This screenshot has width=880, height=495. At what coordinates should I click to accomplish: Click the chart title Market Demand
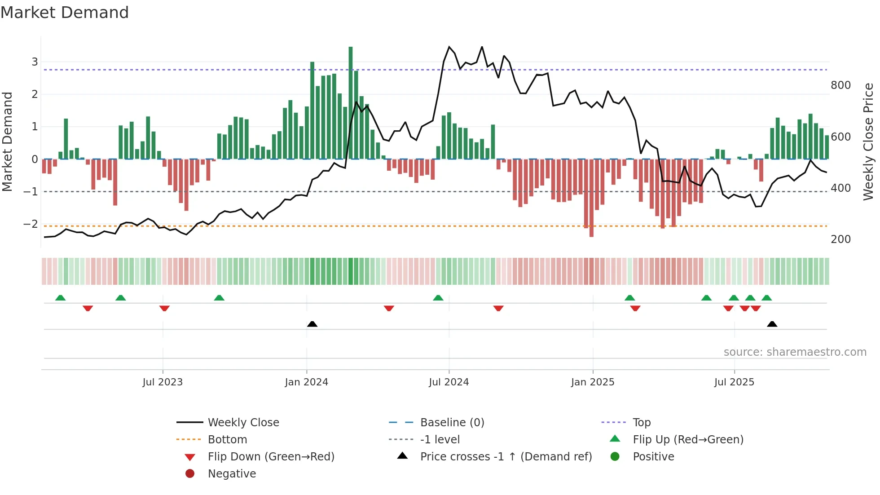click(x=65, y=13)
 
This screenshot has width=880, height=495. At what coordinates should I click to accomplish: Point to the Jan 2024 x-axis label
click(x=307, y=382)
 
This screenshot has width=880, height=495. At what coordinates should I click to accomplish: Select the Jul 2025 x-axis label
click(x=734, y=382)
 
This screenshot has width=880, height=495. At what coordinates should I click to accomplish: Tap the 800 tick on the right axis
click(x=840, y=85)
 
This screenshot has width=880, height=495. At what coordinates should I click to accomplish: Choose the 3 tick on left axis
click(x=35, y=62)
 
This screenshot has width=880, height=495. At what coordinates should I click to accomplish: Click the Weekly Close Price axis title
click(x=868, y=141)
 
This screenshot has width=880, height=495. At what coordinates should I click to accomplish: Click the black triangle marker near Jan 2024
click(x=312, y=324)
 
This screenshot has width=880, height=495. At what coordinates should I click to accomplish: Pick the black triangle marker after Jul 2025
click(x=772, y=324)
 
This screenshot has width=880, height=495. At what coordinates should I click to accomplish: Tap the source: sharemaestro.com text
click(x=795, y=352)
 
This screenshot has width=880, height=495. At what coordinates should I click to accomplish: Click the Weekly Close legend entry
click(x=243, y=423)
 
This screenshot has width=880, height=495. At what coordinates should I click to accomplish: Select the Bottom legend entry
click(x=227, y=440)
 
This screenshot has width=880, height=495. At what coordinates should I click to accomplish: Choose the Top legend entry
click(x=641, y=423)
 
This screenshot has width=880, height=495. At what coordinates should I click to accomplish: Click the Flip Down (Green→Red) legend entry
click(x=271, y=457)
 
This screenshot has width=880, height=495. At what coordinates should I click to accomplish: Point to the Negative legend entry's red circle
click(x=190, y=474)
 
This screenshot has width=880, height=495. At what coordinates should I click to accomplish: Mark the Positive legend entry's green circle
click(x=615, y=457)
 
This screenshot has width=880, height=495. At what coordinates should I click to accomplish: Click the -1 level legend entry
click(x=440, y=440)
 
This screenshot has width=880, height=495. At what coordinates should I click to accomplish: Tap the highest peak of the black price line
click(x=449, y=47)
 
